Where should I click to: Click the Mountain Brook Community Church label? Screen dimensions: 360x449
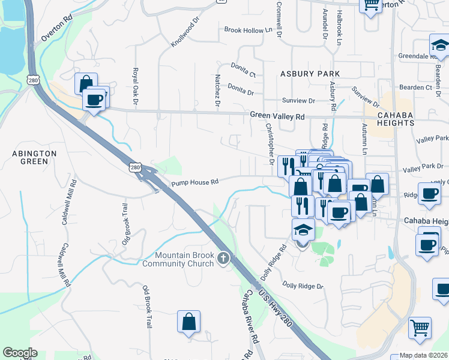[178, 258]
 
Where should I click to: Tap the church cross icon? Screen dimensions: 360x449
[223, 259]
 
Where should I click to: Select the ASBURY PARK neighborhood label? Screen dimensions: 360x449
[310, 74]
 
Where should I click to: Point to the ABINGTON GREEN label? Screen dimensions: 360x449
[34, 158]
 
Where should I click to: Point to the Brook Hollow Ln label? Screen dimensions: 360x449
[248, 30]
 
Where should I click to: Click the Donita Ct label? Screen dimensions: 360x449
[244, 70]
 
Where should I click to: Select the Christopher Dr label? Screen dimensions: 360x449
[270, 144]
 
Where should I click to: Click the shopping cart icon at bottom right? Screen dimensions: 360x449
[420, 328]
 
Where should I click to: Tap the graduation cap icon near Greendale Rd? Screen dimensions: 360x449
[439, 45]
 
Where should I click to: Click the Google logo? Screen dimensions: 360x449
[20, 353]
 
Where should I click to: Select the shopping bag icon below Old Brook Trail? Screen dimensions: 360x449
[188, 322]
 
